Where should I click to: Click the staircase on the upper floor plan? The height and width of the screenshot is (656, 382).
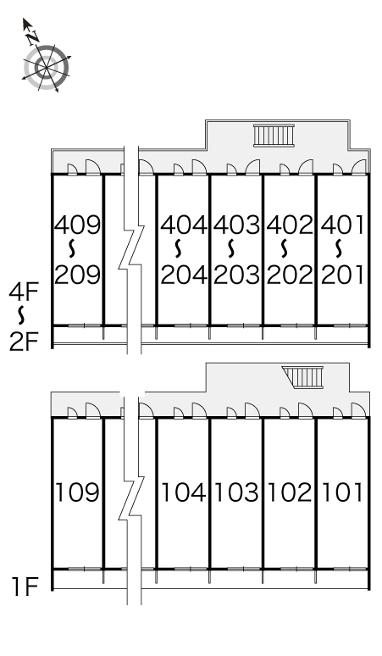pyautogui.click(x=274, y=136)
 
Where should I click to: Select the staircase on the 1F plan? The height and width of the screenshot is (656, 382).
pyautogui.click(x=302, y=377)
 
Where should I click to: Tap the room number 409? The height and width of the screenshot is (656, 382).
pyautogui.click(x=78, y=225)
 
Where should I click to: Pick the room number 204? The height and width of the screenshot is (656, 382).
pyautogui.click(x=184, y=275)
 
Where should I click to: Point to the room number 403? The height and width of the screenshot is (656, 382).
pyautogui.click(x=236, y=225)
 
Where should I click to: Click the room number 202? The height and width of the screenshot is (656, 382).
pyautogui.click(x=290, y=275)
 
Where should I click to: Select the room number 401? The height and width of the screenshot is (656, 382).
pyautogui.click(x=342, y=225)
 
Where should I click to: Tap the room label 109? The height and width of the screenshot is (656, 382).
pyautogui.click(x=78, y=492)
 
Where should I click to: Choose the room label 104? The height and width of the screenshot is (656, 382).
pyautogui.click(x=184, y=492)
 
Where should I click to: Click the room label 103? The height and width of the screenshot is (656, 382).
pyautogui.click(x=236, y=492)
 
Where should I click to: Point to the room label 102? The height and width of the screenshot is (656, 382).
pyautogui.click(x=290, y=492)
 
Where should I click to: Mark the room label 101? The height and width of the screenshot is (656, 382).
pyautogui.click(x=342, y=492)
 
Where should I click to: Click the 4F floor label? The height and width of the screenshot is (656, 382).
pyautogui.click(x=24, y=292)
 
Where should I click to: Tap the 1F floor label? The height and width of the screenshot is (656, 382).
pyautogui.click(x=25, y=587)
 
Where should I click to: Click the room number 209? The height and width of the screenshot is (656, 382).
pyautogui.click(x=78, y=275)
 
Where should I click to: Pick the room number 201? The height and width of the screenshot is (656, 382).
pyautogui.click(x=342, y=275)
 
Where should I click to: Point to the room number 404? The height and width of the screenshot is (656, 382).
pyautogui.click(x=184, y=225)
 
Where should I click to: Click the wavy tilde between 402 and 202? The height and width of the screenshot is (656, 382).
pyautogui.click(x=285, y=248)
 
